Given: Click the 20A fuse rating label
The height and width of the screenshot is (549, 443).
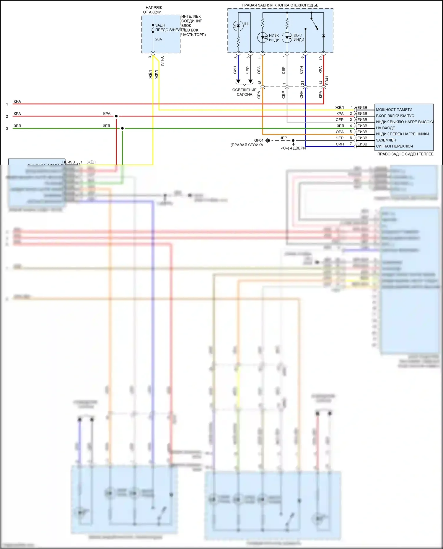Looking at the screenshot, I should click(x=159, y=39).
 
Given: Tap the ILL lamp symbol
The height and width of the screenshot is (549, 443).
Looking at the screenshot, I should click(x=238, y=26).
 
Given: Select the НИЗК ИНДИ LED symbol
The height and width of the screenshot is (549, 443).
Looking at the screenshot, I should click(x=263, y=37).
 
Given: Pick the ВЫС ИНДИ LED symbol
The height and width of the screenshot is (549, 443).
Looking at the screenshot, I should click(x=287, y=37).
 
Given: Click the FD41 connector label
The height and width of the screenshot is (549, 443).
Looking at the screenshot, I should click(x=327, y=81).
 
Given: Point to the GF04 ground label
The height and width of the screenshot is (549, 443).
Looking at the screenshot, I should click(x=259, y=140).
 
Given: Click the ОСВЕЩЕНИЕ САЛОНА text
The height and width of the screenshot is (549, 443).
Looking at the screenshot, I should click(x=244, y=92).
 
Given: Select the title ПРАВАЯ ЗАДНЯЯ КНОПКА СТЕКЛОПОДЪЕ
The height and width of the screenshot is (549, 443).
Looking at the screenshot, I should click(x=280, y=5).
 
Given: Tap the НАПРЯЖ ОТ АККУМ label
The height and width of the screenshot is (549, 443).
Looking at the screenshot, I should click(x=153, y=10).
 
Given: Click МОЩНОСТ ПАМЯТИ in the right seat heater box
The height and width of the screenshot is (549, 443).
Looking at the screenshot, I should click(x=394, y=110).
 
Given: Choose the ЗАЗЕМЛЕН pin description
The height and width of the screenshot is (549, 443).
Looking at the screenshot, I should click(x=386, y=140).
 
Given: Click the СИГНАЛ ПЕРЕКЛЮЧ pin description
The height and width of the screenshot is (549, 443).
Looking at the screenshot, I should click(x=394, y=146).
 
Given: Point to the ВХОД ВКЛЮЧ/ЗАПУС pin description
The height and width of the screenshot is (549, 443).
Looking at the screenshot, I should click(x=395, y=116).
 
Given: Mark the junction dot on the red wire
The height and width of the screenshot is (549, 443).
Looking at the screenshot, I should click(x=116, y=116).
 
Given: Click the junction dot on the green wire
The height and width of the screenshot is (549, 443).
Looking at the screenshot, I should click(x=123, y=128).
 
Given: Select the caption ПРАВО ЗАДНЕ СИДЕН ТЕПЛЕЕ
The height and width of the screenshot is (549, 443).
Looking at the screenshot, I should click(x=405, y=154).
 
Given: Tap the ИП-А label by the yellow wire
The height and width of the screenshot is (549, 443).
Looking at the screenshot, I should click(x=162, y=61).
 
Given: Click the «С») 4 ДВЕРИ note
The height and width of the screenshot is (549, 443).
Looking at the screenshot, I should click(x=293, y=148).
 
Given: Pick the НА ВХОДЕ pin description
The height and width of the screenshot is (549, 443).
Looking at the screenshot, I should click(x=385, y=128).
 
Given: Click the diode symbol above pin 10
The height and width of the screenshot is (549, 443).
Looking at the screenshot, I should click(x=324, y=36).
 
